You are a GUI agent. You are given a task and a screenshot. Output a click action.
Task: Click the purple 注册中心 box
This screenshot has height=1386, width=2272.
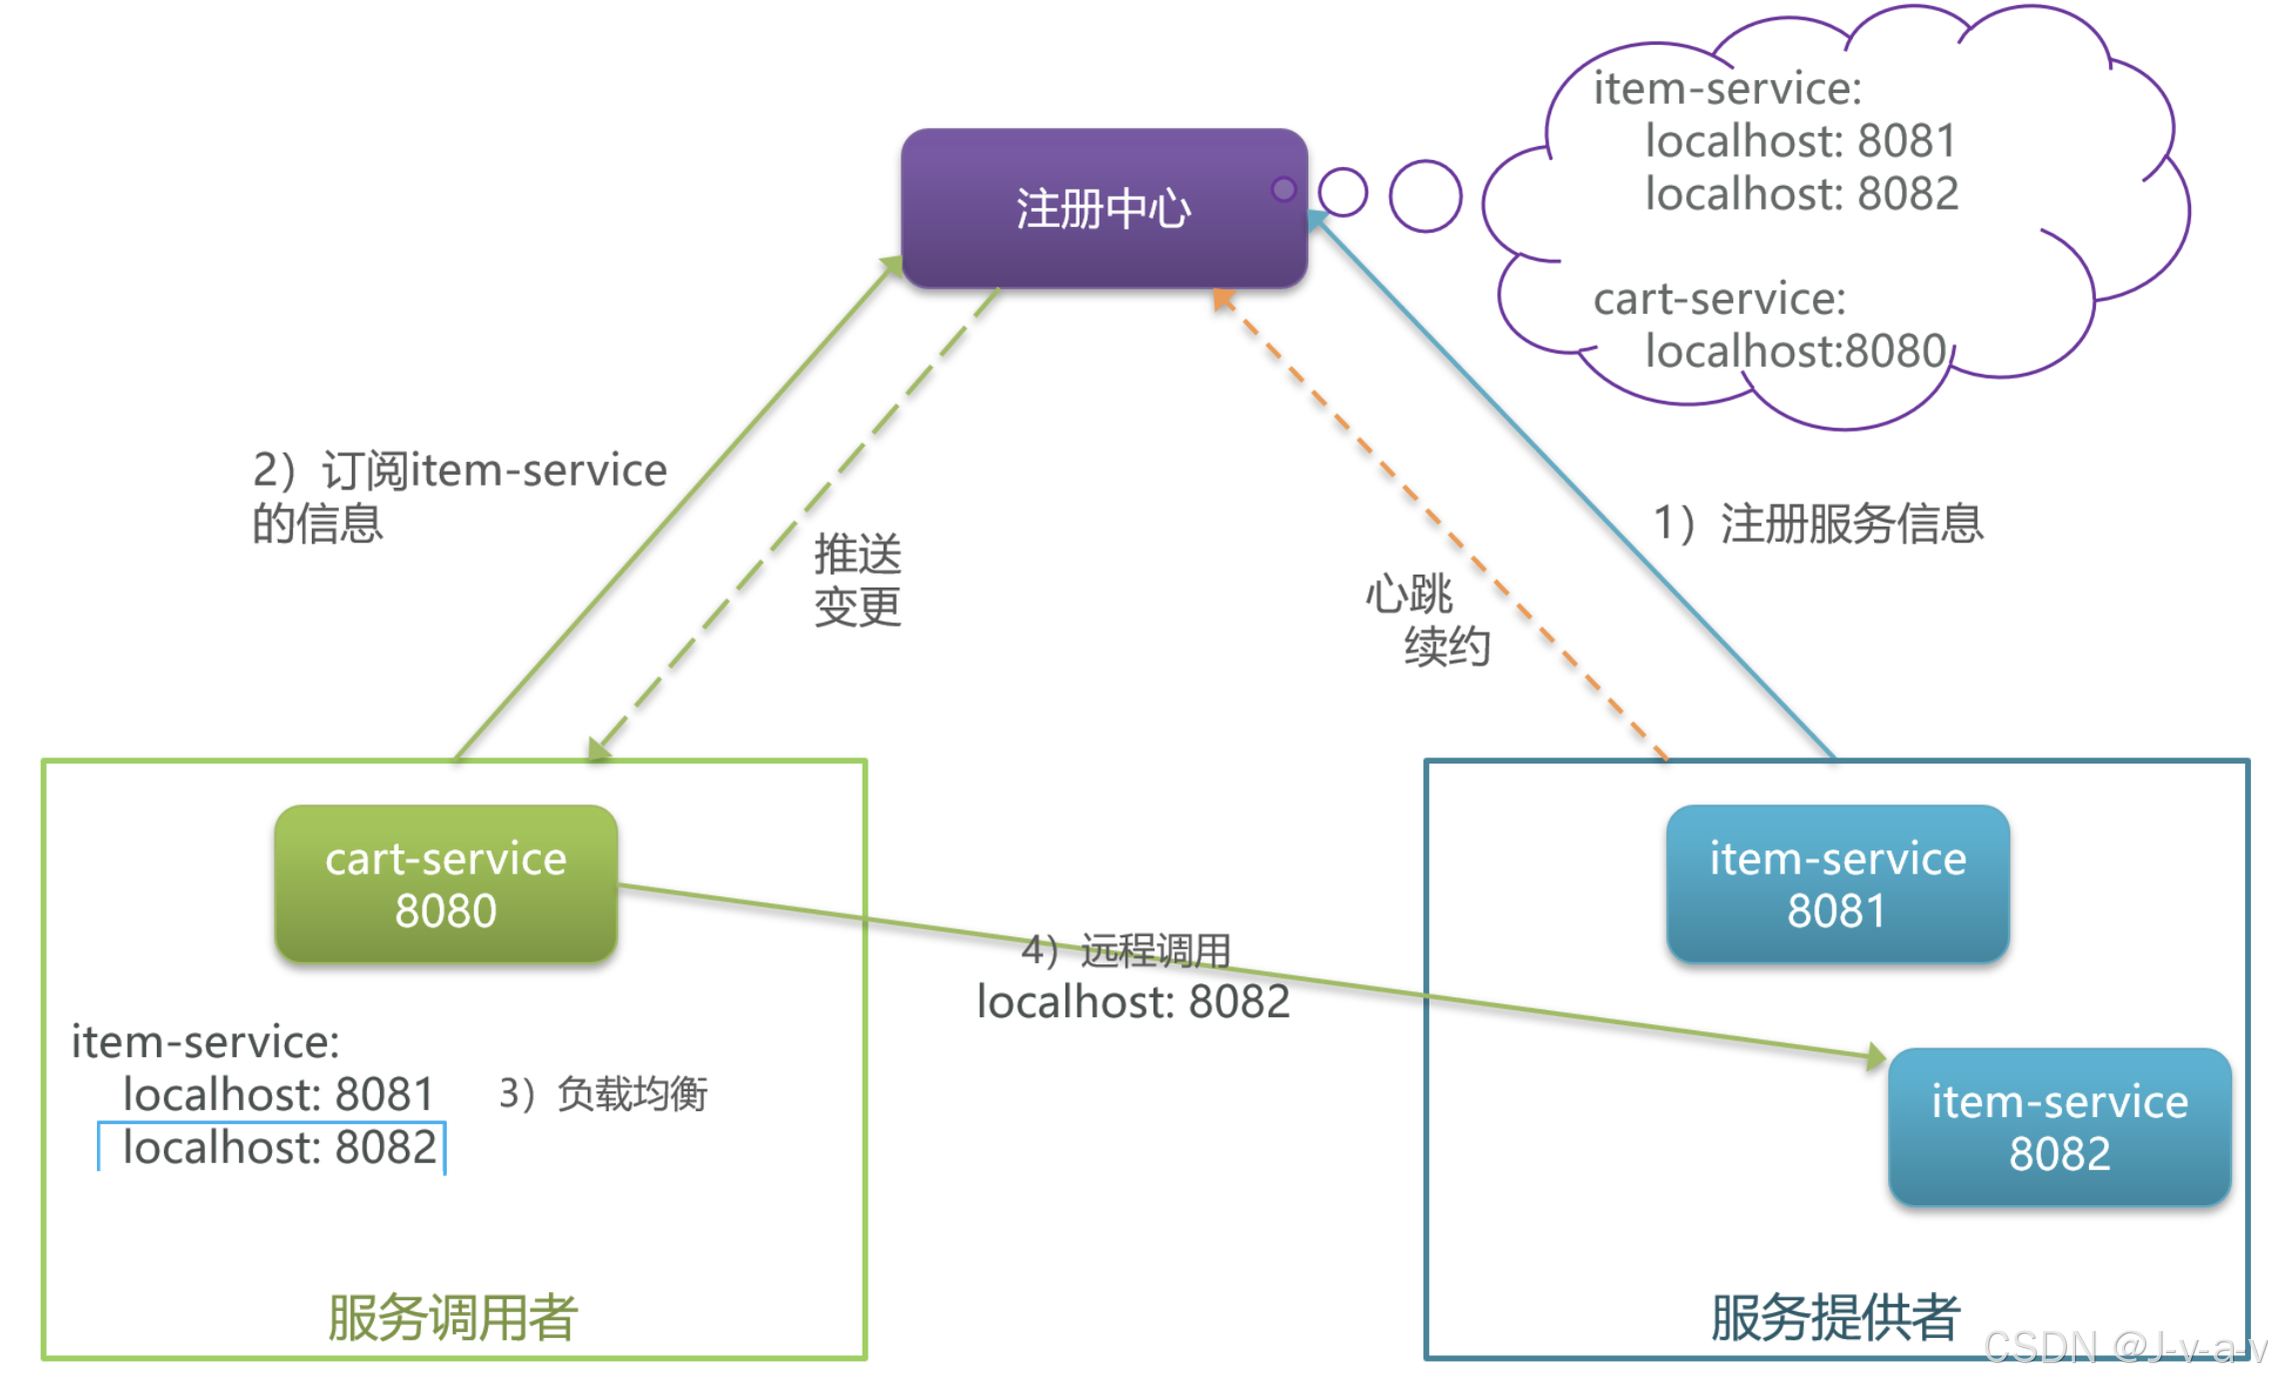[1103, 208]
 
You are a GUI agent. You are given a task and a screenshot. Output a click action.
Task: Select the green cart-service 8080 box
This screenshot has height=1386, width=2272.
[446, 884]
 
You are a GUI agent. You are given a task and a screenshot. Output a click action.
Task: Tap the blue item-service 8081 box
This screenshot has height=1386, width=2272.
[1836, 884]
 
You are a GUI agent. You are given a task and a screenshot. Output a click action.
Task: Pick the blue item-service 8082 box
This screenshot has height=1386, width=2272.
[2058, 1127]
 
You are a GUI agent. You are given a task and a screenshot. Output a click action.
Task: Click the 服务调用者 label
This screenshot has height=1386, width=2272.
[452, 1317]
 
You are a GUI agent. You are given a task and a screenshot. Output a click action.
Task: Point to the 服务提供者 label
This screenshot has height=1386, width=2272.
[1834, 1317]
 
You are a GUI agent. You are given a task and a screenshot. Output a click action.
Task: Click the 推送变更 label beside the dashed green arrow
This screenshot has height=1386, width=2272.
[857, 580]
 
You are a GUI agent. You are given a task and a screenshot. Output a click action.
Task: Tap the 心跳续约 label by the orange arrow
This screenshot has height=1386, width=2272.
[1427, 620]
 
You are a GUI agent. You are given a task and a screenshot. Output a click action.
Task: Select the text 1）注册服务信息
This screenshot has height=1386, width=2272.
[1817, 523]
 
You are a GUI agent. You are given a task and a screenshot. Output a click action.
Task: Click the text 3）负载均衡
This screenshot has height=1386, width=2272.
[603, 1093]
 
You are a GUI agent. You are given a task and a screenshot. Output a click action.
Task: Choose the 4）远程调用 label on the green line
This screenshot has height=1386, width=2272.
[1126, 949]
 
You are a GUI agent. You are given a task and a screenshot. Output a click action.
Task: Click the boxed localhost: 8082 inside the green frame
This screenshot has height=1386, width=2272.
[278, 1147]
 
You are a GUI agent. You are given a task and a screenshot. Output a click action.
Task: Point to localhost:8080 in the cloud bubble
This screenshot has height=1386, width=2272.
[1794, 351]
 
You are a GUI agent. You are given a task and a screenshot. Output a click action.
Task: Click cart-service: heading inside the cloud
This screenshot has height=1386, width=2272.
[1718, 298]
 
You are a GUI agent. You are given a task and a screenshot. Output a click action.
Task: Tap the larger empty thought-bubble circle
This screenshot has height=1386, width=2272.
[1424, 196]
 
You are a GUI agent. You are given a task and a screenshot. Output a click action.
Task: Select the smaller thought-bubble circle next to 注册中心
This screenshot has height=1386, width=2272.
[1341, 192]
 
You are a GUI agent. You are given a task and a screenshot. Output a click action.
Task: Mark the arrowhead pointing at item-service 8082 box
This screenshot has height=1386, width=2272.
[1875, 1056]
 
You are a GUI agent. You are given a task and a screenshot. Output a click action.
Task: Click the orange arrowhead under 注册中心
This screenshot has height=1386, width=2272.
[1221, 298]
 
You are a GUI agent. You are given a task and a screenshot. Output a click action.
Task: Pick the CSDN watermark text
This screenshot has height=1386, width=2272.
[2124, 1347]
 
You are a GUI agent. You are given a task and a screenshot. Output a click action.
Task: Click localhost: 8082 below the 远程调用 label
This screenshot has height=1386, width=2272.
[1133, 1001]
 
